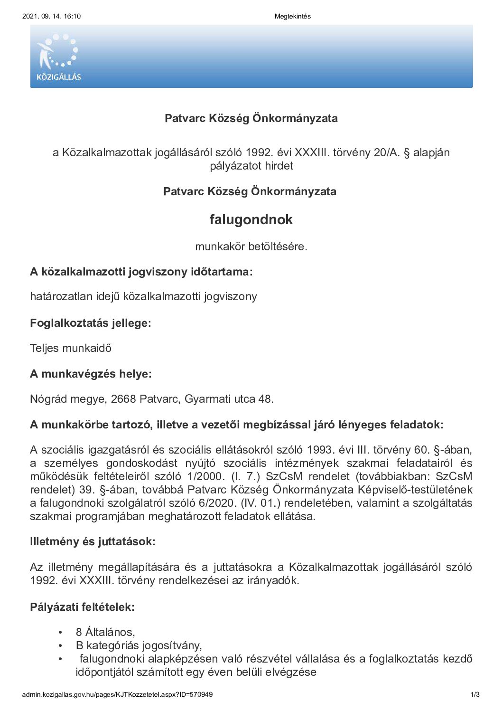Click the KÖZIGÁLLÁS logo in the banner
(58, 57)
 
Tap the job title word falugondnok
(251, 219)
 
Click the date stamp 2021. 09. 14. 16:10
(51, 16)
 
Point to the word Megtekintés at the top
(292, 16)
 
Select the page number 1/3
(475, 694)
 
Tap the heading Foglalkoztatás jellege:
(91, 323)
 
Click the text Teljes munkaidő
(71, 348)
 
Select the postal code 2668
(123, 399)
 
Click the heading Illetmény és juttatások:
(93, 541)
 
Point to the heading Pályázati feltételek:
(82, 607)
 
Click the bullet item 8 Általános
(105, 632)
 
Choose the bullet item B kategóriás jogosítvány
(139, 645)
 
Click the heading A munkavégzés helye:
(91, 374)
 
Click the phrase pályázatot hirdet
(251, 166)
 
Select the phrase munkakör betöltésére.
(251, 246)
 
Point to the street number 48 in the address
(265, 399)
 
